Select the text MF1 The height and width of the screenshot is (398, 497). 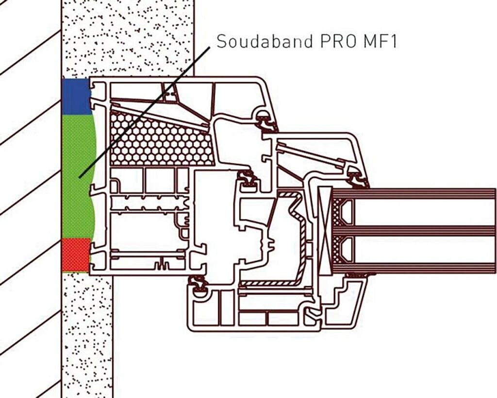point(381,41)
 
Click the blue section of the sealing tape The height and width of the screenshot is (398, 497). point(76,96)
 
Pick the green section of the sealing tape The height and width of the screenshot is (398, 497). point(78,175)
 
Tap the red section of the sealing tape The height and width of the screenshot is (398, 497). point(76,254)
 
